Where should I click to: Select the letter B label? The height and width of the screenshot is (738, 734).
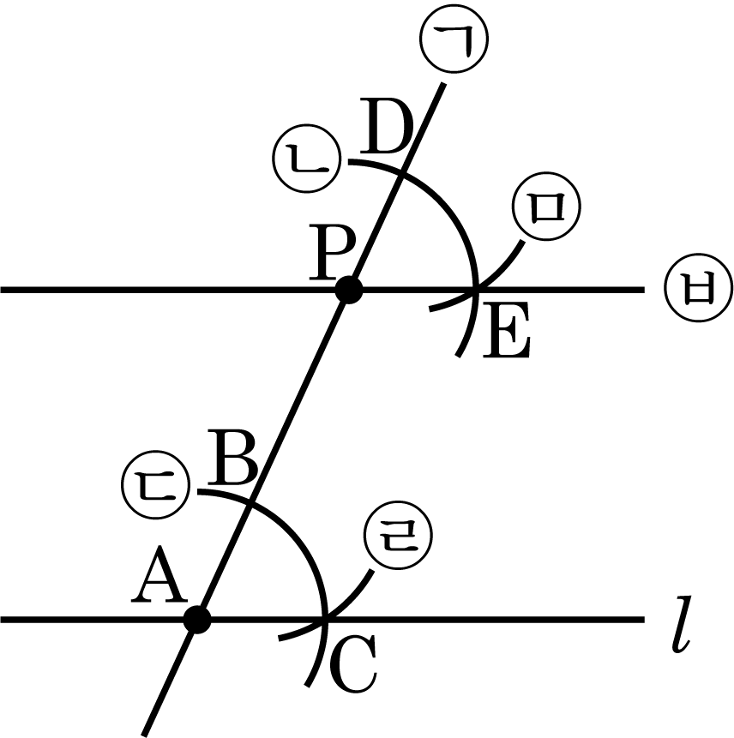[x=232, y=458]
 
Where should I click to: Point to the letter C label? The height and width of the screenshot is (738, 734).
[x=353, y=663]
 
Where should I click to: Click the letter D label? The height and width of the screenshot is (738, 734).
[x=387, y=126]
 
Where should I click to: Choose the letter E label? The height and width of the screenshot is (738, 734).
[x=507, y=330]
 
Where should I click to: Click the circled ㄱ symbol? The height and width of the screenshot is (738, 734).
[x=454, y=39]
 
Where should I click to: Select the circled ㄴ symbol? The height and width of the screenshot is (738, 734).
[x=306, y=159]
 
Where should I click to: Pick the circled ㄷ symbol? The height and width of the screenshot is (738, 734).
[x=155, y=485]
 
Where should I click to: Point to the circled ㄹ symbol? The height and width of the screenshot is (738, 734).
[x=399, y=536]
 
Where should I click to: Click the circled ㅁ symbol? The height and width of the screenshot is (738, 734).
[x=546, y=207]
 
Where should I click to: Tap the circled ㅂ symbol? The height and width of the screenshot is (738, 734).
[x=699, y=289]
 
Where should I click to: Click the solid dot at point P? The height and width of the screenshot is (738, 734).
[x=349, y=291]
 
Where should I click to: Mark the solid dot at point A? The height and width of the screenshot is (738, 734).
[x=197, y=620]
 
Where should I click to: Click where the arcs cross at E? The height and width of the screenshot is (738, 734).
[x=477, y=291]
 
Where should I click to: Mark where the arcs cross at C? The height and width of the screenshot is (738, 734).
[x=325, y=620]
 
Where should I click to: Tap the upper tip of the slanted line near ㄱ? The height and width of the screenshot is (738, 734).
[x=443, y=84]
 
